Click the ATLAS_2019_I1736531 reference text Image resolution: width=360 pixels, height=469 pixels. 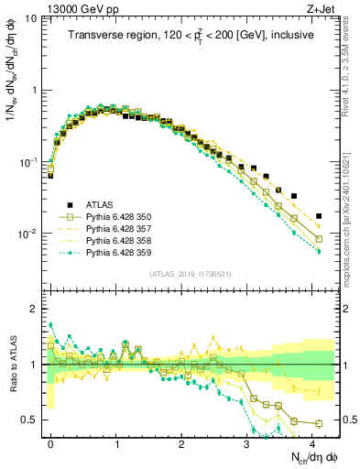pos(190,274)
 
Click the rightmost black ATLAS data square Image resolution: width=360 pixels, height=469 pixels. pos(318,216)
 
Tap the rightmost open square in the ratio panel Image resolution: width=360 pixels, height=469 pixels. pos(318,423)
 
